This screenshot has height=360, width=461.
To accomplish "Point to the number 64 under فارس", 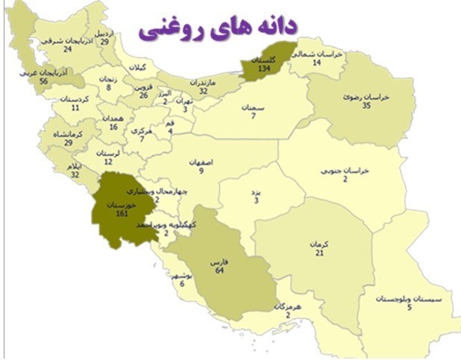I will click(219, 271).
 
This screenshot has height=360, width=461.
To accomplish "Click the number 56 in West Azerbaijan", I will click(43, 81).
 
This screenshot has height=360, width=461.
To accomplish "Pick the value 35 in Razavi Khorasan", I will click(366, 106).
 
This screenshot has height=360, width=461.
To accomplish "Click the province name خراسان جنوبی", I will click(345, 170).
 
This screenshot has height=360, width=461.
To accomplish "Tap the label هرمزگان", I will click(289, 306).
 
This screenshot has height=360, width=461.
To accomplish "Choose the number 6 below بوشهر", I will click(182, 283).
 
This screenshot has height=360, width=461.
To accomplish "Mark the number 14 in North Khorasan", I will click(316, 63).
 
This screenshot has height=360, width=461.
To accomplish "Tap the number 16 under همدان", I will click(113, 127).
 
